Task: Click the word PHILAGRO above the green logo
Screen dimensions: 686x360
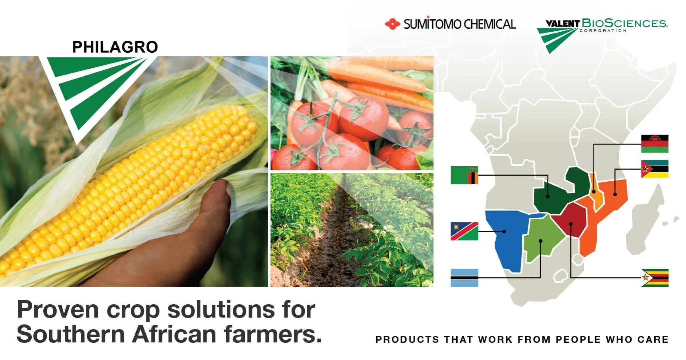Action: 115,47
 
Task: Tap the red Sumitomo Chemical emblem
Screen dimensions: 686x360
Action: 393,24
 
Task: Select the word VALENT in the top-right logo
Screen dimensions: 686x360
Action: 563,24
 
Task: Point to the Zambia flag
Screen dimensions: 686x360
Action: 464,175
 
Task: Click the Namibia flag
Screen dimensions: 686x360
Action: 464,231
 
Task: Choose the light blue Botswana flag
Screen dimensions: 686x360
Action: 464,278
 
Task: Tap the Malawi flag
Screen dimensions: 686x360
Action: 655,144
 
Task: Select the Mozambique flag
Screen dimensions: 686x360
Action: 655,169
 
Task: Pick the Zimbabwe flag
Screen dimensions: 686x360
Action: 655,278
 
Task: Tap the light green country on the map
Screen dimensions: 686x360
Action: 542,237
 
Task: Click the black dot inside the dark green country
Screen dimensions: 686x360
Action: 548,196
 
